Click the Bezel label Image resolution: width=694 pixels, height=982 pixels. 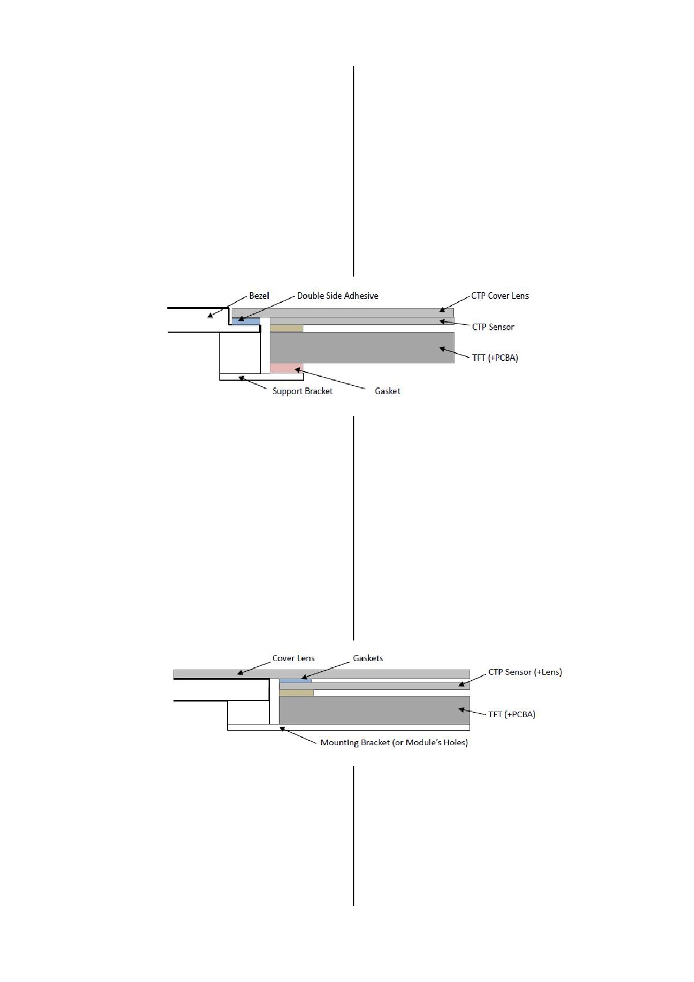[x=259, y=296]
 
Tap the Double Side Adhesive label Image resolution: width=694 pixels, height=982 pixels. [x=337, y=296]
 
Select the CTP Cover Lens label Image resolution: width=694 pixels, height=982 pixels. [x=500, y=296]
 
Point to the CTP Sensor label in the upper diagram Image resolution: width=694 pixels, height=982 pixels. [x=493, y=327]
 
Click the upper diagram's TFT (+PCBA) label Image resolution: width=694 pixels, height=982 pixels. [x=495, y=358]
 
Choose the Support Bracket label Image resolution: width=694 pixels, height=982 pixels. [x=302, y=391]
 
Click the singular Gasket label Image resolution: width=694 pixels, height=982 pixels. [x=387, y=391]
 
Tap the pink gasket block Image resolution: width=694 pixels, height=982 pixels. [x=287, y=368]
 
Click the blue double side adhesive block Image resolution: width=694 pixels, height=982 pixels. [x=246, y=321]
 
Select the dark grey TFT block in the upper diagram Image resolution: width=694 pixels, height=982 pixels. [x=362, y=348]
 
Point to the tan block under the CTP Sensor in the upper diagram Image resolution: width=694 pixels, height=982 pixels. [x=287, y=328]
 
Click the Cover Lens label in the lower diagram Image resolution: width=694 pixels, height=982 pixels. [x=293, y=658]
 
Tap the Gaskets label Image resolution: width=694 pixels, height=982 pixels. [x=368, y=658]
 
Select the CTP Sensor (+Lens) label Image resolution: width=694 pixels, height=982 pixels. [x=525, y=672]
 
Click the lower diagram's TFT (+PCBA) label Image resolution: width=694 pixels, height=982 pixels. [x=512, y=714]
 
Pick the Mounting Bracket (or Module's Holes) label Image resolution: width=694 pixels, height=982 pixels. [x=394, y=743]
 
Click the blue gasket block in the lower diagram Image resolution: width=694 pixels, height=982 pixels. [x=296, y=681]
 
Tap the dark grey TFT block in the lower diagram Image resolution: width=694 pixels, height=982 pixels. [x=374, y=710]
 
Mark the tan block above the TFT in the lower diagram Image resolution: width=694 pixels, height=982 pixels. [x=297, y=693]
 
